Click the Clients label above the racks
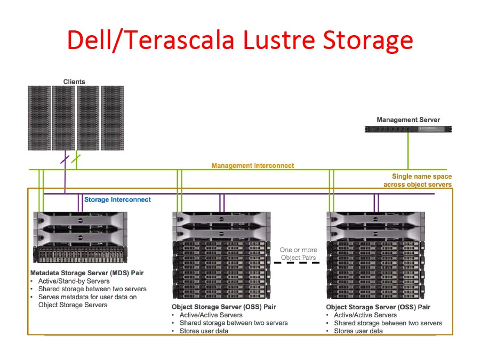click(x=74, y=82)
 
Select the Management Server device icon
click(x=408, y=129)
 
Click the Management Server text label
click(x=408, y=120)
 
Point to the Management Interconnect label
click(x=253, y=166)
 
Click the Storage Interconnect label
click(x=117, y=199)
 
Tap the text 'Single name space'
click(x=421, y=177)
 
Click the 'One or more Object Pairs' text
click(x=298, y=253)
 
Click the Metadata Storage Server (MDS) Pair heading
click(x=87, y=273)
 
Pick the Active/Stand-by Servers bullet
click(x=74, y=281)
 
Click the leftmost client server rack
click(x=38, y=117)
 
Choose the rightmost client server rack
click(x=112, y=117)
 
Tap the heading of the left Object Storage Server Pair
click(x=224, y=307)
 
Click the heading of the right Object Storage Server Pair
click(x=378, y=307)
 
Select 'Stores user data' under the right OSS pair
click(x=358, y=331)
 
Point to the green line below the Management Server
click(x=408, y=152)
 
